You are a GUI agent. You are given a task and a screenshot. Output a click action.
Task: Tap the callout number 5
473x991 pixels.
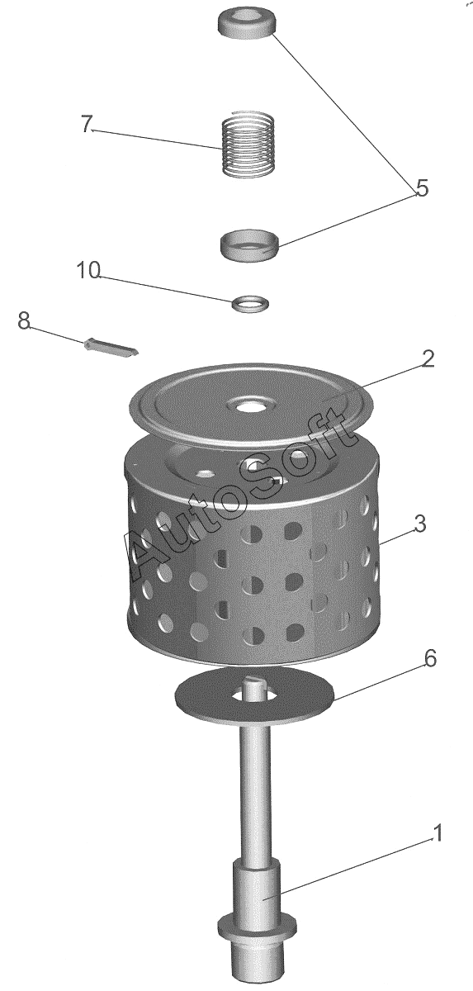tap(422, 188)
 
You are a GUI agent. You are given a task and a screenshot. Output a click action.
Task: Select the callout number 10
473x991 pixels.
tap(89, 270)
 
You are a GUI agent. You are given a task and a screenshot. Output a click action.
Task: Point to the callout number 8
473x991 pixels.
tap(24, 320)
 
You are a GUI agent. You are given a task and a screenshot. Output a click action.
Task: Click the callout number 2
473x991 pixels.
tap(428, 358)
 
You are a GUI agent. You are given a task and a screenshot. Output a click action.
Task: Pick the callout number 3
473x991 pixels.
tap(419, 524)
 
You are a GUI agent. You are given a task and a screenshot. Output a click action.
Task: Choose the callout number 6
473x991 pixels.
tap(430, 671)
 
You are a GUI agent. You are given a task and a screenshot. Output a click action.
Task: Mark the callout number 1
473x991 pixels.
tap(438, 833)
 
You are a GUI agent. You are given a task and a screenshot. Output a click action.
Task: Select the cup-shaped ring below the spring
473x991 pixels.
tap(250, 244)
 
